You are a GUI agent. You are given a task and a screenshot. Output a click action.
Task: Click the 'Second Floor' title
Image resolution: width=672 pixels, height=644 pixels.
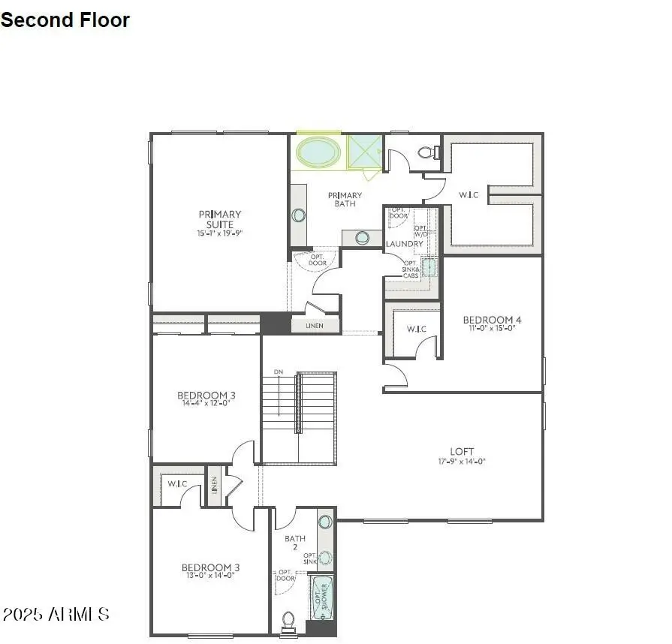click(x=65, y=20)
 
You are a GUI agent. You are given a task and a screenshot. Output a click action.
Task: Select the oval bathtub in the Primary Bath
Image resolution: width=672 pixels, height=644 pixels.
click(x=318, y=152)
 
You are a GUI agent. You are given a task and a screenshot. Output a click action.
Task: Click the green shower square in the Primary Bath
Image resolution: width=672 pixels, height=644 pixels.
click(x=366, y=152)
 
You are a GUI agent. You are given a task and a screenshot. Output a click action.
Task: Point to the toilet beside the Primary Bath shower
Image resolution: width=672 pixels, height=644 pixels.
click(x=427, y=152)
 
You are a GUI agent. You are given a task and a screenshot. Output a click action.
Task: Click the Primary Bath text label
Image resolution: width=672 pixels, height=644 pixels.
click(x=345, y=200)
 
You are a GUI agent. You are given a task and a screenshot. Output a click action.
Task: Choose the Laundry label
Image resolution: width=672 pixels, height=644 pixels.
click(x=405, y=244)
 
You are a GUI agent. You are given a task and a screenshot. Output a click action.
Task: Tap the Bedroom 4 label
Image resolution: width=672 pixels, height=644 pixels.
click(x=492, y=320)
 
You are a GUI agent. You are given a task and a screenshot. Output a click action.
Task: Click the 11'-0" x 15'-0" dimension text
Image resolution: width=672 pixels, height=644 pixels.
click(x=492, y=328)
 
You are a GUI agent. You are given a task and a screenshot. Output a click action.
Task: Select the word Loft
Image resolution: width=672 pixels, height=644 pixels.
click(x=462, y=451)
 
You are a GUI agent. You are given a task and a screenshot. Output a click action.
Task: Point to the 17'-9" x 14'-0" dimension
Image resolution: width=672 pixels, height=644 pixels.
click(x=462, y=462)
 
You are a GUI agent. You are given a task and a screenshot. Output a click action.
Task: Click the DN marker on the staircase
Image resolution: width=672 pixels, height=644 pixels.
click(x=279, y=372)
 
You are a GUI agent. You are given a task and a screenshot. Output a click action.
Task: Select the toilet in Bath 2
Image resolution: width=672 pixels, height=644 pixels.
click(x=288, y=621)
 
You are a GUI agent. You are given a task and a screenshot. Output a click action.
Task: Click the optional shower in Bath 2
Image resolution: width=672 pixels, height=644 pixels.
click(x=323, y=598)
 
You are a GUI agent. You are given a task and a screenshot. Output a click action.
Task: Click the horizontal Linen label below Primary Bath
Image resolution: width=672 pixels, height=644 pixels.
click(x=315, y=327)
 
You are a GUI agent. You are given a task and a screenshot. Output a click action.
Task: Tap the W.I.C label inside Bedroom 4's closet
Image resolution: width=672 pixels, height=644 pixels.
click(x=417, y=330)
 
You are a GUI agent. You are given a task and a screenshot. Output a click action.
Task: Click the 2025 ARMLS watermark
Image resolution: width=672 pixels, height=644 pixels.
click(x=56, y=615)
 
